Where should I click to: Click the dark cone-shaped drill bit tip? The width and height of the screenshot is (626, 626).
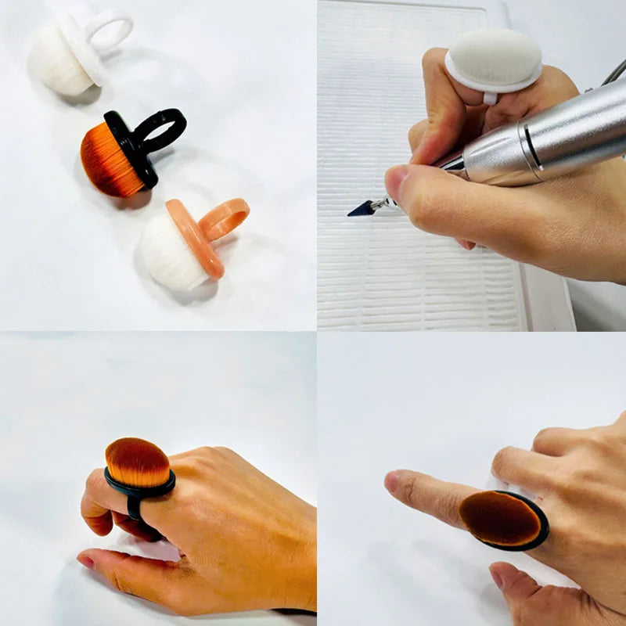(x=362, y=207)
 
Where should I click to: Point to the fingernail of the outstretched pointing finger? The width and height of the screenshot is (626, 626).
(x=391, y=480)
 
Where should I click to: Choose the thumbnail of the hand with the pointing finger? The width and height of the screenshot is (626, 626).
(x=496, y=577)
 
